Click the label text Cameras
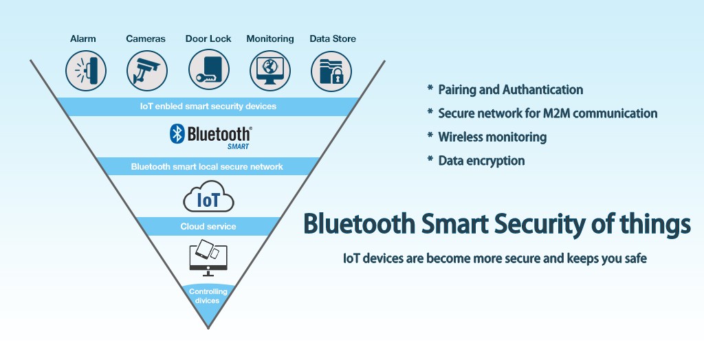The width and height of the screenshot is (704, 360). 146,39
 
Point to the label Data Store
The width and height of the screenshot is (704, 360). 333,39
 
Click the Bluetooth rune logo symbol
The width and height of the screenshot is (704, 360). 177,133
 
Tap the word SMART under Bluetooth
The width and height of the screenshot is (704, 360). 238,146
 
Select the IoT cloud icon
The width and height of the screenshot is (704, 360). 208,200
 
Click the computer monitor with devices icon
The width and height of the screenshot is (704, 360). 208,257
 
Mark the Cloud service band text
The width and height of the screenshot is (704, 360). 208,226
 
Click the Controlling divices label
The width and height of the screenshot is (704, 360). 208,296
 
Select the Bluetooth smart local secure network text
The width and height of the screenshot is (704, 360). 207,166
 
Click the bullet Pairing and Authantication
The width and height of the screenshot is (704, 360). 510,90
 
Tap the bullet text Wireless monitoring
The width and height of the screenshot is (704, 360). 492,137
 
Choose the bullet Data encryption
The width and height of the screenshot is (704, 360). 481,161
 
